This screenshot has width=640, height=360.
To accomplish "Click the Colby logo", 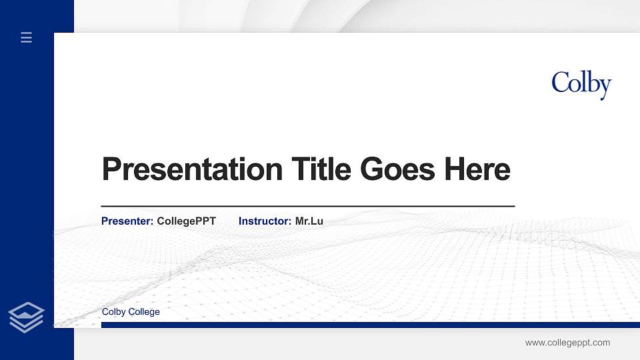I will pyautogui.click(x=581, y=85).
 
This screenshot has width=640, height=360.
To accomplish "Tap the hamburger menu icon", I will pyautogui.click(x=27, y=38).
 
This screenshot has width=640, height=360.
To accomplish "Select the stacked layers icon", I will pyautogui.click(x=26, y=317).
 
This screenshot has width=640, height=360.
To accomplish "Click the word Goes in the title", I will pyautogui.click(x=398, y=169).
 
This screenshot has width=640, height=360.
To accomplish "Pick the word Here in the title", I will pyautogui.click(x=477, y=169).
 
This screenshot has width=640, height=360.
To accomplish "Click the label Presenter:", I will pyautogui.click(x=127, y=221).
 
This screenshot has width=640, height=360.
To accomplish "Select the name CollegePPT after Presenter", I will pyautogui.click(x=186, y=221).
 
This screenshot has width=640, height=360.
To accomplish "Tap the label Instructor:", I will pyautogui.click(x=265, y=221).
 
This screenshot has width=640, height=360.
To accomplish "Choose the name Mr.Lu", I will pyautogui.click(x=309, y=221).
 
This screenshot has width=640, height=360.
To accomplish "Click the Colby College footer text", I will pyautogui.click(x=131, y=312).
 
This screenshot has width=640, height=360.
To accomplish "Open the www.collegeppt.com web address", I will pyautogui.click(x=567, y=343).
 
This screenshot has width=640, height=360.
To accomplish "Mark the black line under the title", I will pyautogui.click(x=307, y=206).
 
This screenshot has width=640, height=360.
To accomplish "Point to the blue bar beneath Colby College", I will pyautogui.click(x=366, y=325).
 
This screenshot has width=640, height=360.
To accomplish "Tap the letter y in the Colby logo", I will pyautogui.click(x=604, y=87).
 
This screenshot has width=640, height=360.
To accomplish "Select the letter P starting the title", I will pyautogui.click(x=111, y=169).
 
